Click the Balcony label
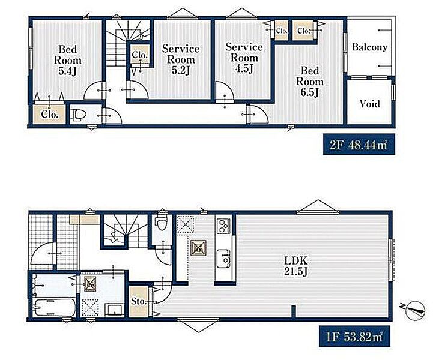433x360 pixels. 369,47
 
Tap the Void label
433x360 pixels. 369,104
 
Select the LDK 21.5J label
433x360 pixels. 295,266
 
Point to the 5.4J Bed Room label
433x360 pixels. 68,61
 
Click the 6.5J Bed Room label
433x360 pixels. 310,82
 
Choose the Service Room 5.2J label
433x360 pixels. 181,59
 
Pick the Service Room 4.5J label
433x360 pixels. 244,58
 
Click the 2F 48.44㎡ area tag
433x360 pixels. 359,145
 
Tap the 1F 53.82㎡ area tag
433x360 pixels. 354,336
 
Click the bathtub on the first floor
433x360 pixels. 54,308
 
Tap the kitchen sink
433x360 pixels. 223,258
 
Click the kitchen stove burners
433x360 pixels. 223,226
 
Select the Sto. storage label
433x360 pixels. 138,301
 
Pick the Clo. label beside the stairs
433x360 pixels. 139,55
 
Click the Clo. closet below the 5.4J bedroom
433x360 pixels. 50,114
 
